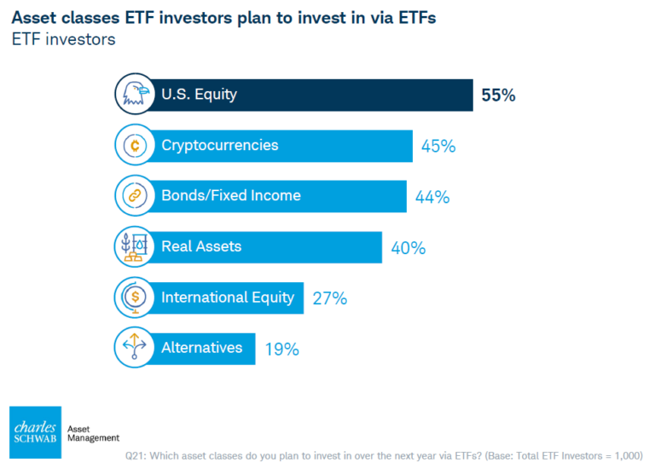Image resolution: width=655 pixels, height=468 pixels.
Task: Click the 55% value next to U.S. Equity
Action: coord(498,95)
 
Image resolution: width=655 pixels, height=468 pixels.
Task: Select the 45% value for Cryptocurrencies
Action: coord(438,146)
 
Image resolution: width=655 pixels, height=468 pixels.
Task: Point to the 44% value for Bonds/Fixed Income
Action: coord(432,197)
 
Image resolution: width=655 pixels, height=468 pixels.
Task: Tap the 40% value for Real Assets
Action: coord(408,248)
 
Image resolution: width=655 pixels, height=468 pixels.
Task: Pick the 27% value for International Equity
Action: coord(329,298)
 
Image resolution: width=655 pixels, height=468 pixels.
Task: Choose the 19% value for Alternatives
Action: coord(281,349)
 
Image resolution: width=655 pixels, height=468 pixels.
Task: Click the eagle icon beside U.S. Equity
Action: coord(133,95)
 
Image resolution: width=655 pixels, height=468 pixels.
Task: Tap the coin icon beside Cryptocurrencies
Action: coord(133,146)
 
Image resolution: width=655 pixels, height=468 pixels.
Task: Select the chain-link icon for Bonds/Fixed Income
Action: coord(133,196)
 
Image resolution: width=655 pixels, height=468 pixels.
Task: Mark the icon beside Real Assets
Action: coord(133,247)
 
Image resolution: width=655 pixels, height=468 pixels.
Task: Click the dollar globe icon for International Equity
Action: coord(133,298)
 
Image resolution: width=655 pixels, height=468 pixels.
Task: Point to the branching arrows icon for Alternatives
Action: coord(133,348)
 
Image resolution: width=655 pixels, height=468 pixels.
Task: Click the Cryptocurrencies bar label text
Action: coord(219,145)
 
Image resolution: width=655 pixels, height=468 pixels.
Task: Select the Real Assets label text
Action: coord(201,246)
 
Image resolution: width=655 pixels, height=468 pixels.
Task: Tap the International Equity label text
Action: coord(228,298)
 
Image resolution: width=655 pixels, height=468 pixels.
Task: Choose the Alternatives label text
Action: coord(202,348)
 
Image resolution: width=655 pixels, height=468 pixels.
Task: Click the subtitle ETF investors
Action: coord(62,39)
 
